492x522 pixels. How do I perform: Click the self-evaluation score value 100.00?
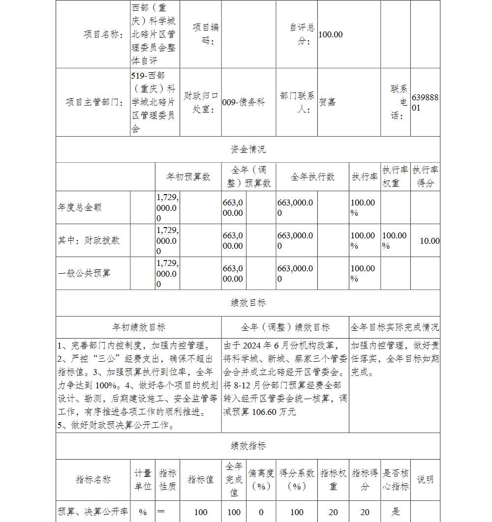tap(331, 34)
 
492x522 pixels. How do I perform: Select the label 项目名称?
tap(103, 34)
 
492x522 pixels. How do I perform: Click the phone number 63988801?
tap(425, 102)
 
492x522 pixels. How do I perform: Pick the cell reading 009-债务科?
tap(244, 102)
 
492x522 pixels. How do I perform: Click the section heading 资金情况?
tap(248, 149)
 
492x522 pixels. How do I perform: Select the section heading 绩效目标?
tap(248, 303)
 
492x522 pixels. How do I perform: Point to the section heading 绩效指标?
tap(248, 446)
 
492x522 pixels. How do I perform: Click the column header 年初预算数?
tap(188, 177)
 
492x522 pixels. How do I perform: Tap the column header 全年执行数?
tap(312, 177)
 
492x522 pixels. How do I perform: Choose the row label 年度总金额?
tap(80, 207)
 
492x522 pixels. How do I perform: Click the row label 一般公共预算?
tap(84, 273)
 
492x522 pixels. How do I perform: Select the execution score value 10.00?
tap(430, 241)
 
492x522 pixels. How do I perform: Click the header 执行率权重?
tap(395, 176)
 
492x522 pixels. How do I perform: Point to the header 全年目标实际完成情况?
tap(395, 327)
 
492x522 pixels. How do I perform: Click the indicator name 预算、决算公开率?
tap(93, 512)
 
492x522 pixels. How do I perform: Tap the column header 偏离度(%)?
tap(261, 479)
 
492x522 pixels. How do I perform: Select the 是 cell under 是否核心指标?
tap(396, 512)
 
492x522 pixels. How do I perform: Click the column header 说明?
tap(425, 479)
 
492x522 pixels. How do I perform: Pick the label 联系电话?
tap(399, 102)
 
